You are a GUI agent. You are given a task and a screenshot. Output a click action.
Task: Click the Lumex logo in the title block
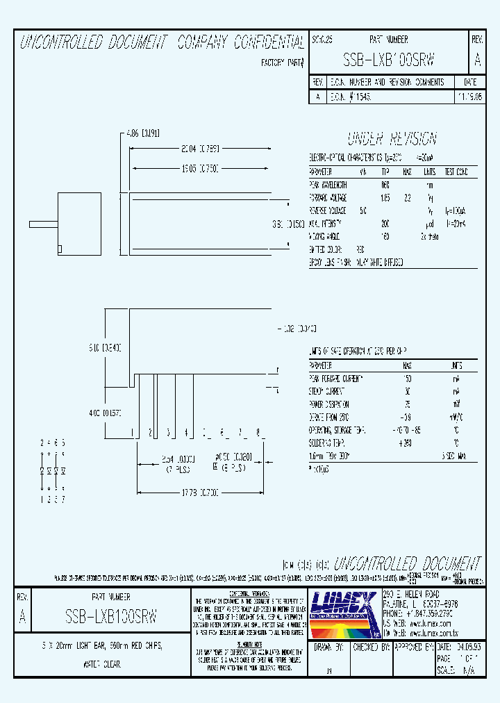(342, 611)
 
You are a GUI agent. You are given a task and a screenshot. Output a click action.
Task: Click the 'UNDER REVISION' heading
(392, 138)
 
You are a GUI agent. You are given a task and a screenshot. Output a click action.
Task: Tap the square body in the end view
(79, 224)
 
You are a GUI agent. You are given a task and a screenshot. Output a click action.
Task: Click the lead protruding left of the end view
(42, 224)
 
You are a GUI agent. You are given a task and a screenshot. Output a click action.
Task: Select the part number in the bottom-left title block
(110, 615)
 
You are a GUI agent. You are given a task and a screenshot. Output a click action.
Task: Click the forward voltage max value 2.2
(408, 198)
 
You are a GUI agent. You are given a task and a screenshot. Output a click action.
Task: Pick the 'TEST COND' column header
(456, 172)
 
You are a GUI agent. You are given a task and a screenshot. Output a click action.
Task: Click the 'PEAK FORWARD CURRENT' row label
(336, 378)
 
